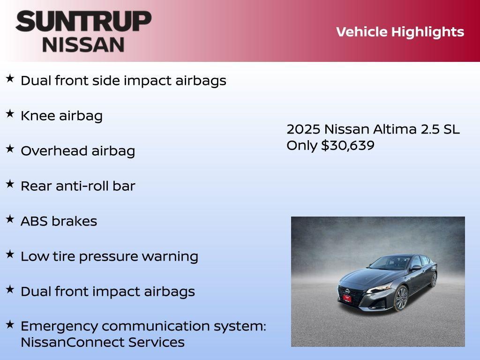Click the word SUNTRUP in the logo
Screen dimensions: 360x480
coord(83,22)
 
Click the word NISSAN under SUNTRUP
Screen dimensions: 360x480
coord(83,45)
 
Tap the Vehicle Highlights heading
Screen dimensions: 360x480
coord(400,32)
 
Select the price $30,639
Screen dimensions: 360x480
coord(347,145)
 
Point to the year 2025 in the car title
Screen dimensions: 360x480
coord(303,129)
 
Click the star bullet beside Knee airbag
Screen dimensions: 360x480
coord(10,113)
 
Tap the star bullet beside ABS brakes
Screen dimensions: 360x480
coord(10,219)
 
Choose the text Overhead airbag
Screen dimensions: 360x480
coord(78,151)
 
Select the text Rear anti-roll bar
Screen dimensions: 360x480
coord(78,186)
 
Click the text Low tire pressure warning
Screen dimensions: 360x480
coord(109,256)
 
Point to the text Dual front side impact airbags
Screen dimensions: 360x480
coord(123,81)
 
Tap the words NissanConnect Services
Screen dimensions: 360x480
coord(102,342)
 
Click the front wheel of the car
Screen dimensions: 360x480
coord(401,298)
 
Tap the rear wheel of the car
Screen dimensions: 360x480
coord(434,279)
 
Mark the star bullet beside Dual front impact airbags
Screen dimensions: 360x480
coord(10,289)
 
